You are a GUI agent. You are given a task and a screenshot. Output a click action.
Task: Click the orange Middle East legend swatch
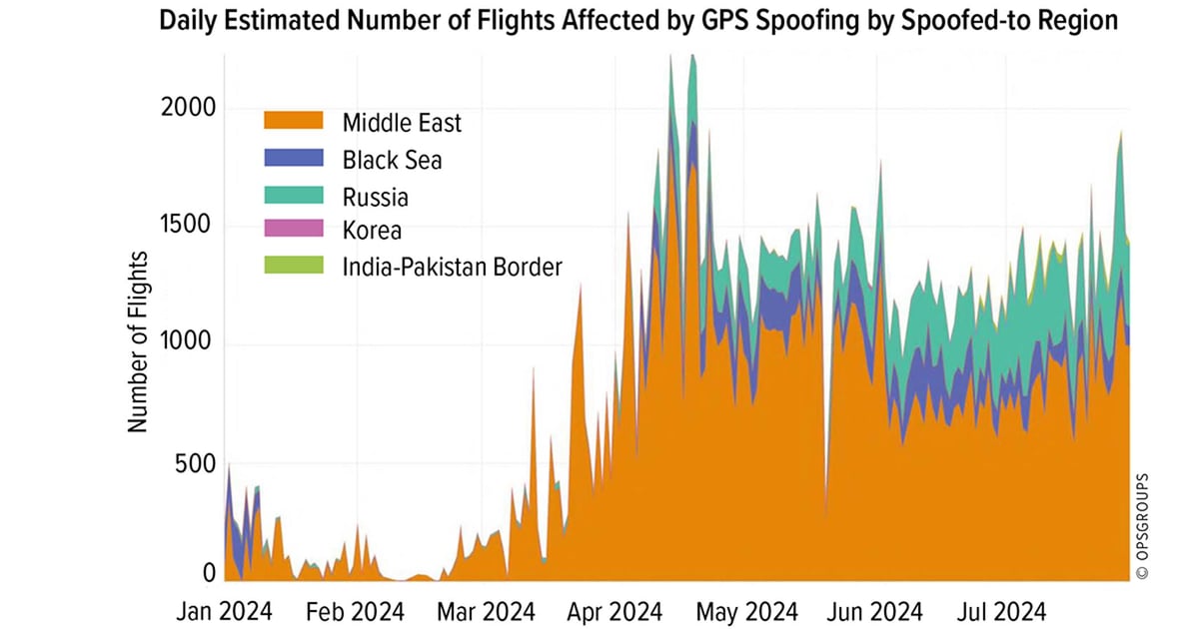294,123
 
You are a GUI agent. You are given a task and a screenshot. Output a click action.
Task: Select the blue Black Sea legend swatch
294,159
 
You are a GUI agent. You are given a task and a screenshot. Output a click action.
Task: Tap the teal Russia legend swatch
294,196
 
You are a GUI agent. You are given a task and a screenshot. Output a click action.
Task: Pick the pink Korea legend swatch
294,231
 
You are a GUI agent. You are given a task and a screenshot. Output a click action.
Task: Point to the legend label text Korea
372,231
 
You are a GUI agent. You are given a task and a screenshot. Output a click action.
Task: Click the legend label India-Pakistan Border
453,267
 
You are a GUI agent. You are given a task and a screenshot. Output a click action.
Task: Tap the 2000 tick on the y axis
188,108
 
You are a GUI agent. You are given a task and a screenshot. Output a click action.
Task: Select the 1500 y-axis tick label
188,226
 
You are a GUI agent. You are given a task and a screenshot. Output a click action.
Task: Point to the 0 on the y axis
209,574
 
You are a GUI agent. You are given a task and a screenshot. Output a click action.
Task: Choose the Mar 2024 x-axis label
487,610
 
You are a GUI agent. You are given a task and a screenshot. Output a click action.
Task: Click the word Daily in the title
188,22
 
